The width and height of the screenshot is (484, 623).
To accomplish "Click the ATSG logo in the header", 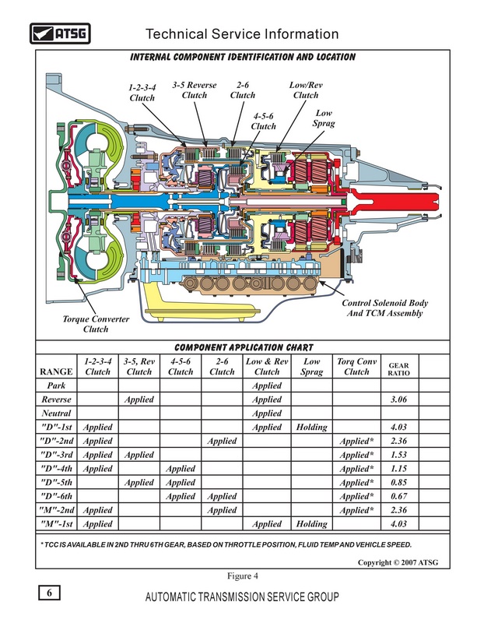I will point(58,33).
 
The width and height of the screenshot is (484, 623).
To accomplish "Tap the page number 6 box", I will point(49,593).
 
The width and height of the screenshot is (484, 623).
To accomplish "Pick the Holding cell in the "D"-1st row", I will point(311,428).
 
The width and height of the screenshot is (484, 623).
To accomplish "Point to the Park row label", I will point(56,386).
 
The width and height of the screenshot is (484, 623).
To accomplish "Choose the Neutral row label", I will point(56,414).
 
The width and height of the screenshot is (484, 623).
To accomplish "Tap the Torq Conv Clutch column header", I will point(356,367).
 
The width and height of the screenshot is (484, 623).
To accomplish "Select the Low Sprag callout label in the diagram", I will point(323,118).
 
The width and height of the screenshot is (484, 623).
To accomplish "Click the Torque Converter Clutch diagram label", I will point(96,324).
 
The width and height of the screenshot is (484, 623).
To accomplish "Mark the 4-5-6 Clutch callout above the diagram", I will point(264,121).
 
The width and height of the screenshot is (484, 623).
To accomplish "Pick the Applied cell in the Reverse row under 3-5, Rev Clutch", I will point(139,399).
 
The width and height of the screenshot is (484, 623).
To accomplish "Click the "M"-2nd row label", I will point(56,510).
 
